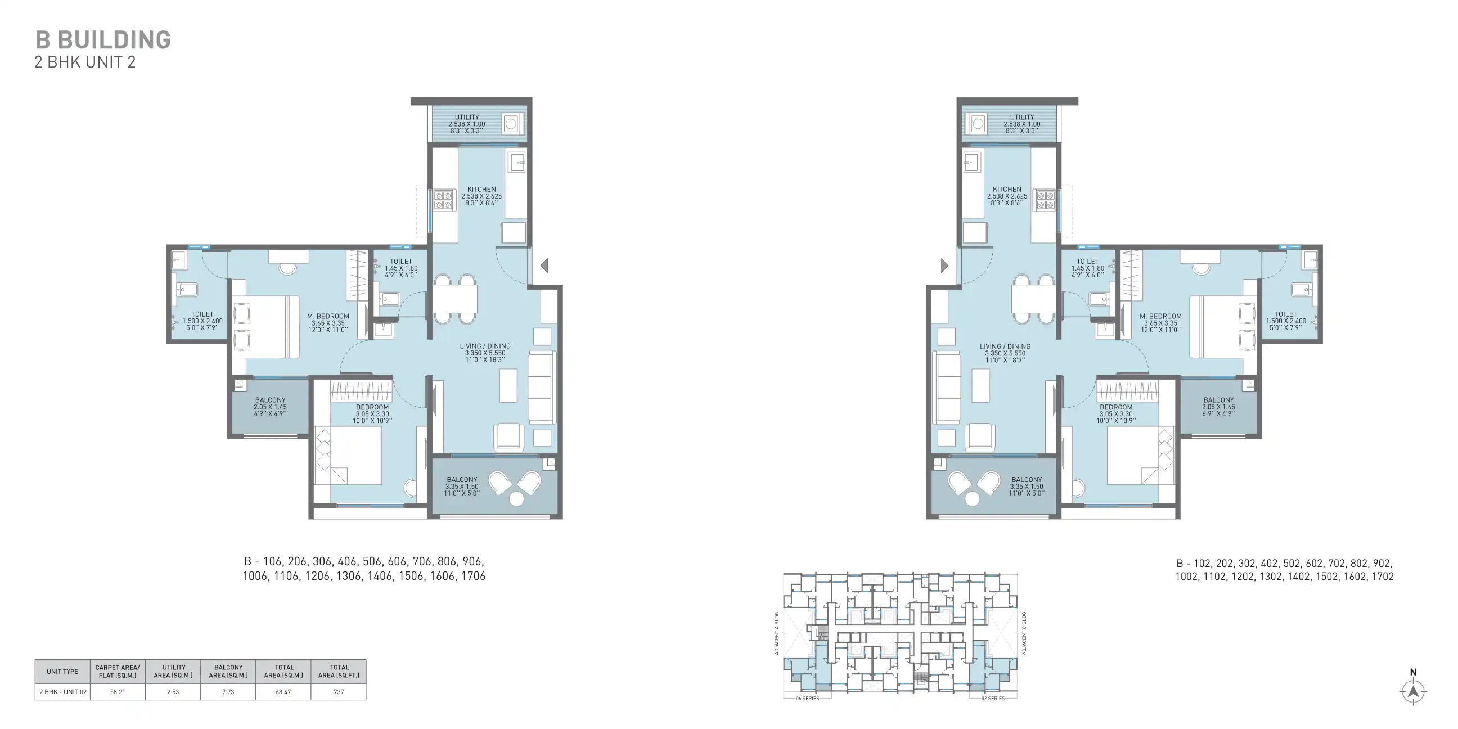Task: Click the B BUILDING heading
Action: (103, 40)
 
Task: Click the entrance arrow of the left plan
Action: (544, 265)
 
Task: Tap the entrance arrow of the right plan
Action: (944, 265)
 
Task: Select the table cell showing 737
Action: (339, 692)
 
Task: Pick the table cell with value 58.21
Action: (118, 692)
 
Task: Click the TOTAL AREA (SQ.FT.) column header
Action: (339, 671)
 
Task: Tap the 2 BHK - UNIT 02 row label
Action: (63, 692)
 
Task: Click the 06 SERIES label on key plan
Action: (807, 699)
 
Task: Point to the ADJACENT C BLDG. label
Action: (1024, 633)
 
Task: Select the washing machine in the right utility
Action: (978, 123)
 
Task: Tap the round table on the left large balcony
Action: (516, 498)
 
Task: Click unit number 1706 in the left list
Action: (472, 576)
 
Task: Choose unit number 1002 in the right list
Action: (1187, 577)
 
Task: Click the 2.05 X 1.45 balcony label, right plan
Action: (1218, 406)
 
